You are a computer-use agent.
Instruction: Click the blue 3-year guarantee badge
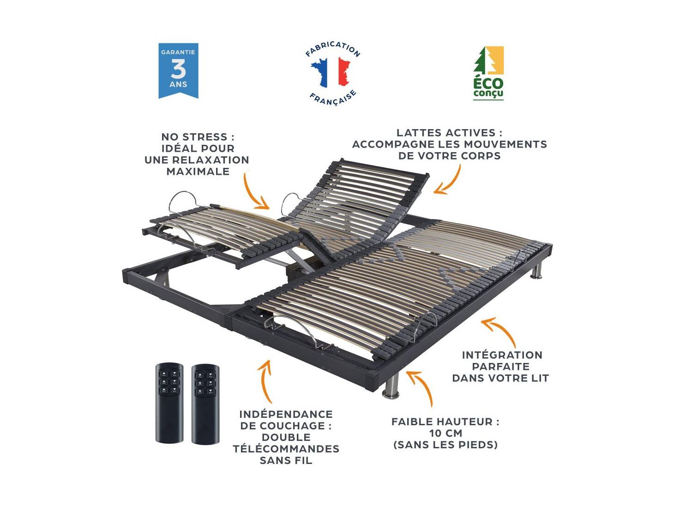pyautogui.click(x=178, y=71)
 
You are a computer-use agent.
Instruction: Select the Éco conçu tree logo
pyautogui.click(x=488, y=72)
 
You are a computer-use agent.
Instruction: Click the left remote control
pyautogui.click(x=169, y=403)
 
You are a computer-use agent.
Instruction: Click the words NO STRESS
pyautogui.click(x=197, y=137)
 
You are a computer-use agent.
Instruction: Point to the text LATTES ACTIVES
pyautogui.click(x=449, y=133)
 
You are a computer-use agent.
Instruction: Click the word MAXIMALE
pyautogui.click(x=198, y=171)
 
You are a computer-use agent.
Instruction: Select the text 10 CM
pyautogui.click(x=445, y=433)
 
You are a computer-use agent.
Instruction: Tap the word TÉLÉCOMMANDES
pyautogui.click(x=286, y=448)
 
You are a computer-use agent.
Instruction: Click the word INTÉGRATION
pyautogui.click(x=502, y=355)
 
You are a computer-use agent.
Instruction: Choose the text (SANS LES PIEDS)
pyautogui.click(x=445, y=445)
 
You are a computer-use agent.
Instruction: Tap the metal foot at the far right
pyautogui.click(x=536, y=270)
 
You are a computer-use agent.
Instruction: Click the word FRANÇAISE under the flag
pyautogui.click(x=333, y=98)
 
